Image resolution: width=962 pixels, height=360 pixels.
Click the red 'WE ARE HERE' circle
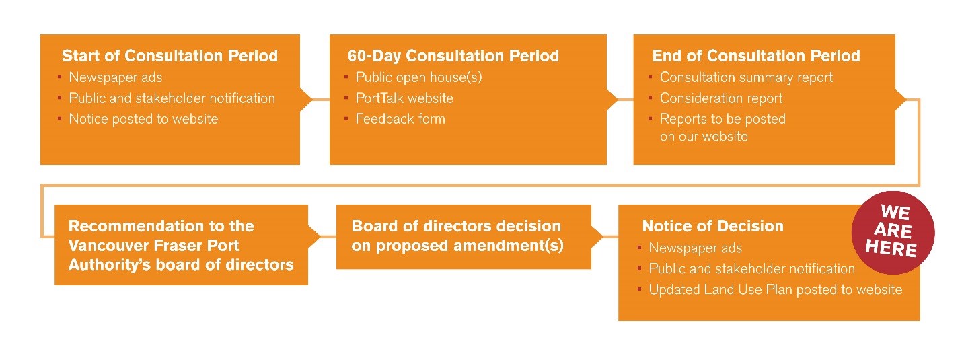pyautogui.click(x=893, y=232)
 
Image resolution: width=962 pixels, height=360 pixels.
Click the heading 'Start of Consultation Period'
pyautogui.click(x=170, y=56)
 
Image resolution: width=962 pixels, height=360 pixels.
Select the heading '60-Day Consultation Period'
pyautogui.click(x=453, y=56)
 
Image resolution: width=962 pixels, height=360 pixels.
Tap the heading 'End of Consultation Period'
pyautogui.click(x=756, y=56)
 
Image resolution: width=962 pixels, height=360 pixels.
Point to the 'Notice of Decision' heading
pyautogui.click(x=712, y=226)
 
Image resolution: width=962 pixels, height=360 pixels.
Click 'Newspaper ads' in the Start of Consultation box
pyautogui.click(x=116, y=77)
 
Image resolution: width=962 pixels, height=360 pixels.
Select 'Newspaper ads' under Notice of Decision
pyautogui.click(x=696, y=248)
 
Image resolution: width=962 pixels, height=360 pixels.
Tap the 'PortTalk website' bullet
pyautogui.click(x=404, y=98)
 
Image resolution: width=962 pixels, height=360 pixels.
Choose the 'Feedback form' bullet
pyautogui.click(x=400, y=118)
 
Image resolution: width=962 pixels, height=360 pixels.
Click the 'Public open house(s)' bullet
pyautogui.click(x=418, y=77)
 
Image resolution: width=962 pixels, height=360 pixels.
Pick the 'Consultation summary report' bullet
pyautogui.click(x=747, y=77)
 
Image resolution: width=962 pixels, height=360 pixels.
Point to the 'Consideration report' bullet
pyautogui.click(x=721, y=98)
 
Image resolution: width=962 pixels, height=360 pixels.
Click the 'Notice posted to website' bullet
pyautogui.click(x=143, y=119)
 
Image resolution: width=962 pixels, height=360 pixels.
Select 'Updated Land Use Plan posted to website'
pyautogui.click(x=775, y=289)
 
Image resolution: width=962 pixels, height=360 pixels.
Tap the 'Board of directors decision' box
pyautogui.click(x=464, y=237)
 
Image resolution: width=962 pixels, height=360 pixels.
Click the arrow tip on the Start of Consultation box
pyautogui.click(x=312, y=99)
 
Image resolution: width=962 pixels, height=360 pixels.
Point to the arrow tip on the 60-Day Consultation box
pyautogui.click(x=618, y=99)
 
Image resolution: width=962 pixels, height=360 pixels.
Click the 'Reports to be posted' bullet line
pyautogui.click(x=723, y=119)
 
